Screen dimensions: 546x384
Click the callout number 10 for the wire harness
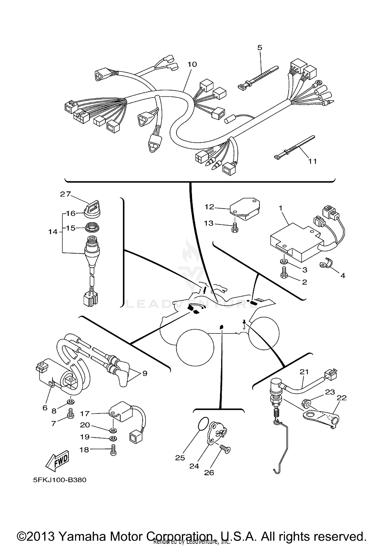192,64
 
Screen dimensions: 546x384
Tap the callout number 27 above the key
65,194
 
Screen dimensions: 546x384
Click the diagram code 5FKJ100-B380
60,480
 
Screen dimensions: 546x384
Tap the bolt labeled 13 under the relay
234,228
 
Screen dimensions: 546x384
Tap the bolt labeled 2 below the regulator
284,273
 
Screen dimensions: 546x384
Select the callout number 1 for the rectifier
281,208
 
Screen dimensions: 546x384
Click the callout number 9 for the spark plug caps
145,373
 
